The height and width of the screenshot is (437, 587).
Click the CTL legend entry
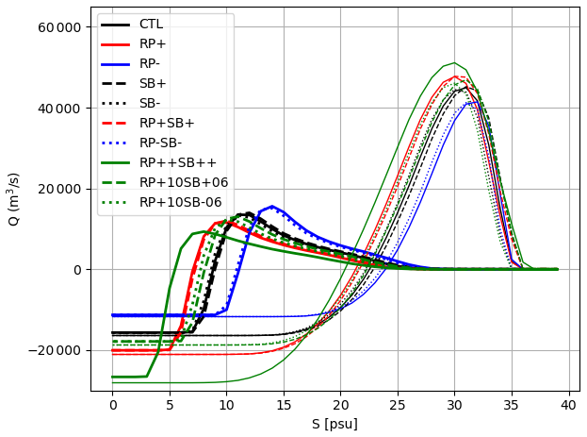click(151, 24)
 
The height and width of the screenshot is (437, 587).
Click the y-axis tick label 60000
click(60, 26)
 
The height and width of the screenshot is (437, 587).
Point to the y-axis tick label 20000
click(60, 189)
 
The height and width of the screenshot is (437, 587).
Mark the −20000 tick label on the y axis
click(57, 351)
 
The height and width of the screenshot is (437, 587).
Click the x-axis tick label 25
click(398, 405)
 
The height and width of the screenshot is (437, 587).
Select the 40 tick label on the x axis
click(568, 405)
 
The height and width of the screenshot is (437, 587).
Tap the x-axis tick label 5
click(170, 405)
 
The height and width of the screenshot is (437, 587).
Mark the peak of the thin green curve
click(454, 62)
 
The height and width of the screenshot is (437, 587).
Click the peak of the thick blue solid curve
click(272, 206)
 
